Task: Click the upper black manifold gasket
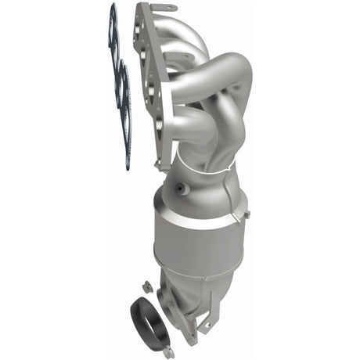(113, 31)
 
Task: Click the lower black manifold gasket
(124, 86)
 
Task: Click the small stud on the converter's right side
(244, 213)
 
